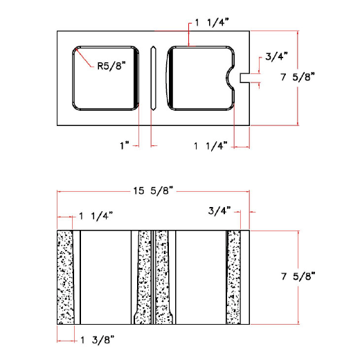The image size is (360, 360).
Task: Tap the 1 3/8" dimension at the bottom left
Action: click(x=98, y=339)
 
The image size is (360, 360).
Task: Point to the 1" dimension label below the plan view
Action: click(x=125, y=145)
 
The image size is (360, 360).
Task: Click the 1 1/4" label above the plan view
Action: click(x=212, y=23)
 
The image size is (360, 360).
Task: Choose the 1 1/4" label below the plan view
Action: click(x=210, y=145)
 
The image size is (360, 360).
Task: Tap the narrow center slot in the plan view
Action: click(x=153, y=78)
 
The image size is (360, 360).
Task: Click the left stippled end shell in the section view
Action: click(x=66, y=277)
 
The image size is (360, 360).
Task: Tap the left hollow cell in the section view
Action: click(x=105, y=277)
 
